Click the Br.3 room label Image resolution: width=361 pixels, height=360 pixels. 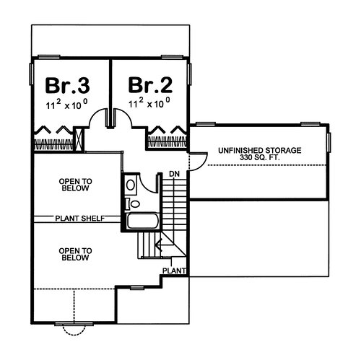click(67, 85)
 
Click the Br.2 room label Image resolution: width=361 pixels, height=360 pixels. click(150, 85)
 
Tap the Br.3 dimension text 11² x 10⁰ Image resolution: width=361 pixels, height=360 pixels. click(66, 105)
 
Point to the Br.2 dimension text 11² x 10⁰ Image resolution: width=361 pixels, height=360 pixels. click(149, 102)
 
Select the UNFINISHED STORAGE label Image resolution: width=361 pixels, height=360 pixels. click(260, 151)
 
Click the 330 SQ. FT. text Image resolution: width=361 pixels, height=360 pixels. click(259, 158)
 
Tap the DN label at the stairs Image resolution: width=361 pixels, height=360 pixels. click(174, 174)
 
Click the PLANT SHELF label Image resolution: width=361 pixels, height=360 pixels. click(80, 219)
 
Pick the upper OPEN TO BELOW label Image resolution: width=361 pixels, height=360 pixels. click(75, 185)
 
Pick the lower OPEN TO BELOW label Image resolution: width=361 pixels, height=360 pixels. click(75, 254)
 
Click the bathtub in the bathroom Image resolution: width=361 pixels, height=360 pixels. click(142, 221)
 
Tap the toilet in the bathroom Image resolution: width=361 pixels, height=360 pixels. click(133, 204)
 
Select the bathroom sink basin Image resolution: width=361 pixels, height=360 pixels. click(131, 185)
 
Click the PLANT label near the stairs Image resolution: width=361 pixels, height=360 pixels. click(174, 271)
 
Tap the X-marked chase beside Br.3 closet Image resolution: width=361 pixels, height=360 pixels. click(79, 139)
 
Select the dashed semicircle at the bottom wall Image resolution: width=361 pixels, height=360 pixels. click(74, 335)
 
